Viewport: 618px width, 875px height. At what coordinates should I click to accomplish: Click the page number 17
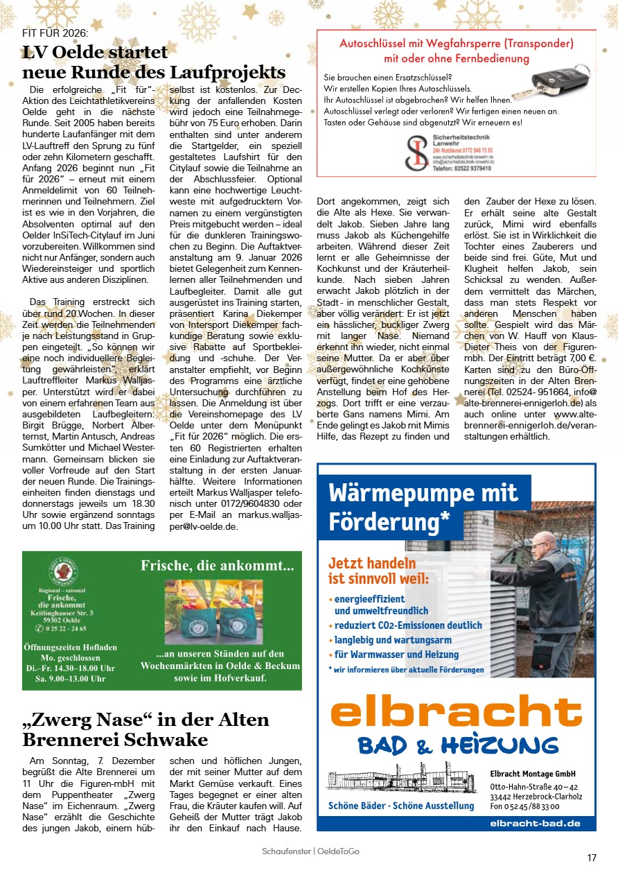(592, 858)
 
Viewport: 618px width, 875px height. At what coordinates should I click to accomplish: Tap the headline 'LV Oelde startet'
(95, 53)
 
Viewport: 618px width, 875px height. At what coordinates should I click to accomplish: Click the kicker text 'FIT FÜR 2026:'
(55, 33)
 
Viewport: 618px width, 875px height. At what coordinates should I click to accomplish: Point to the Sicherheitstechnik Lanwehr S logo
(416, 153)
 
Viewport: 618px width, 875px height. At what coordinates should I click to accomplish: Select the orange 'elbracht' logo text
(456, 713)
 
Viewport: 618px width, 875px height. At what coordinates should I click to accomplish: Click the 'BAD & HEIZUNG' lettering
(457, 745)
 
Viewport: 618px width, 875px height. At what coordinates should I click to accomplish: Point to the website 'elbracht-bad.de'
(535, 823)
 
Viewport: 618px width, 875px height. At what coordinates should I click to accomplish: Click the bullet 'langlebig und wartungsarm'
(393, 640)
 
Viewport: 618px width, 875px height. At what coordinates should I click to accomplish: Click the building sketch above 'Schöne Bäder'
(402, 778)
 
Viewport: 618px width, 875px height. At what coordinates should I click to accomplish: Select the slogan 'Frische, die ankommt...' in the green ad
(218, 566)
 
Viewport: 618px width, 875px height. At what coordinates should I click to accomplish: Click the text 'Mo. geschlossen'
(67, 657)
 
